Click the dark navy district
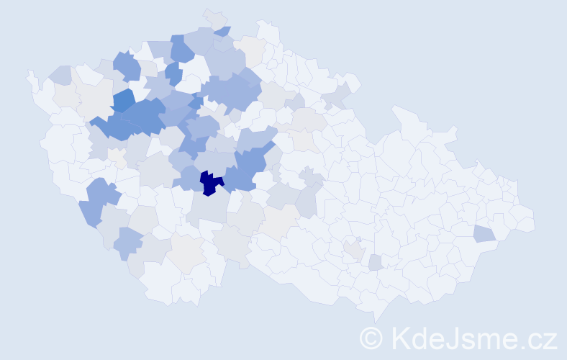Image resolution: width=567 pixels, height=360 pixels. point(209,183)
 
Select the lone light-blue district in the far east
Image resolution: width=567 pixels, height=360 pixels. point(484,233)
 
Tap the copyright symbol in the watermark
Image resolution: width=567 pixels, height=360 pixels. point(371,338)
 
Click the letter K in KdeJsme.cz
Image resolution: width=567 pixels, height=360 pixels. point(400,338)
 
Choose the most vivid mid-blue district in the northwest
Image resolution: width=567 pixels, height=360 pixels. point(123,101)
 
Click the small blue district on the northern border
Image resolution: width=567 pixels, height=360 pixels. point(222,31)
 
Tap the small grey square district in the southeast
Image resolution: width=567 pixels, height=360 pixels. point(375,263)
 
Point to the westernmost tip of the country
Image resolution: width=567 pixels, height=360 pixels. point(29,73)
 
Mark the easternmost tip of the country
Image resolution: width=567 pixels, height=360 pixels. point(534,220)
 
